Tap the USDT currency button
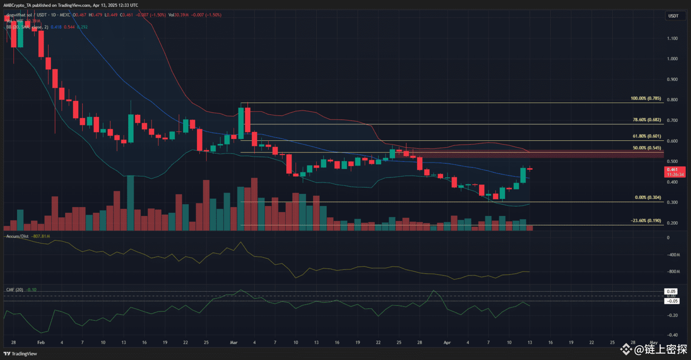(x=673, y=16)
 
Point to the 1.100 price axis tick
(x=673, y=38)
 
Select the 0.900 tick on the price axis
(x=673, y=79)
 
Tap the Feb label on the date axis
(x=41, y=342)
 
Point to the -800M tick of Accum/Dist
(x=673, y=272)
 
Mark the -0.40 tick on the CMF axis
(x=673, y=335)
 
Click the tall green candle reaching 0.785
(x=241, y=123)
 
